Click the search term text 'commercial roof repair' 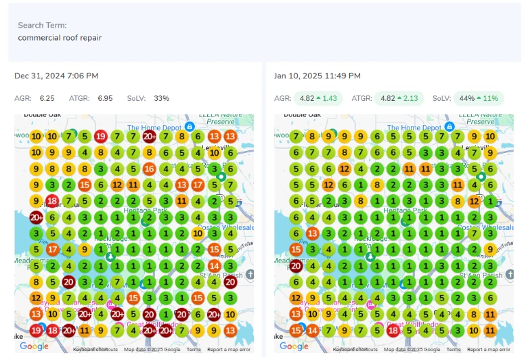pyautogui.click(x=60, y=38)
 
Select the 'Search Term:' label pyautogui.click(x=42, y=26)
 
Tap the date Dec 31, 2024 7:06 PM pyautogui.click(x=56, y=76)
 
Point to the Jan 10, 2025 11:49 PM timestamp pyautogui.click(x=317, y=76)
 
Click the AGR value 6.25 pyautogui.click(x=47, y=98)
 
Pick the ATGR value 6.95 pyautogui.click(x=105, y=98)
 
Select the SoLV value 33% pyautogui.click(x=161, y=98)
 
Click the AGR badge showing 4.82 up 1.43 pyautogui.click(x=320, y=98)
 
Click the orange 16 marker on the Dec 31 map pyautogui.click(x=150, y=169)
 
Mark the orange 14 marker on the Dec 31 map pyautogui.click(x=215, y=266)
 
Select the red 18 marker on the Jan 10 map pyautogui.click(x=393, y=330)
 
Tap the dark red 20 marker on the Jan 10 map pyautogui.click(x=296, y=266)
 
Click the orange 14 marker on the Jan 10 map pyautogui.click(x=312, y=330)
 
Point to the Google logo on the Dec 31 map pyautogui.click(x=34, y=346)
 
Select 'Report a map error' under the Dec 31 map pyautogui.click(x=229, y=350)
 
